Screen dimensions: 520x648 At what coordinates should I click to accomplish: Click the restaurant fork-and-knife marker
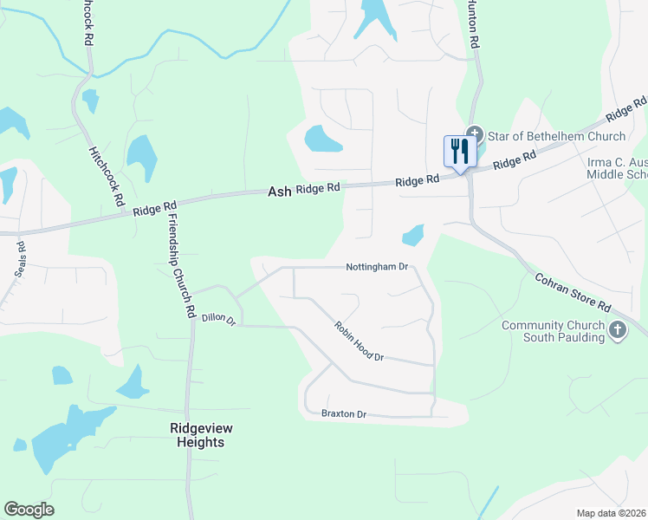459,152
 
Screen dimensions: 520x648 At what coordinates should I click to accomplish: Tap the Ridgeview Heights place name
197,435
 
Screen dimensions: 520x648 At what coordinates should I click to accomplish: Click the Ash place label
279,191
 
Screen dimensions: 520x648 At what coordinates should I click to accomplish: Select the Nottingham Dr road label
376,267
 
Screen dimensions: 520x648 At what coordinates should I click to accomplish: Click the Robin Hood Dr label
359,341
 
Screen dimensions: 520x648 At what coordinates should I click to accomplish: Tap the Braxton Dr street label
344,414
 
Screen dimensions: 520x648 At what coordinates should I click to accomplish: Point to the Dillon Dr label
218,319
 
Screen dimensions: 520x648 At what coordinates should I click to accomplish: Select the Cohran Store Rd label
573,294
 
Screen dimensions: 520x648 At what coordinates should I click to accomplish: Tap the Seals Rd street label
20,258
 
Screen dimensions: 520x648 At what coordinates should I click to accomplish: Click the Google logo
29,510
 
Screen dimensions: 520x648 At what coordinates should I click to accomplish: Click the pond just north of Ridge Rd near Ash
321,139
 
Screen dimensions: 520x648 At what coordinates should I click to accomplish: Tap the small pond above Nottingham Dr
413,234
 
